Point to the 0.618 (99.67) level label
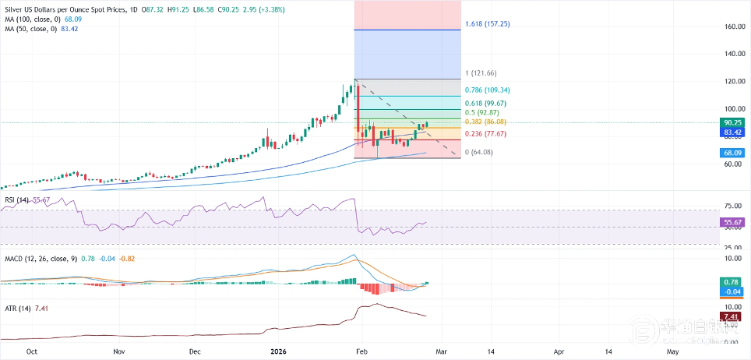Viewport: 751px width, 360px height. (488, 103)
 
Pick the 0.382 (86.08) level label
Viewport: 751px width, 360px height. (488, 122)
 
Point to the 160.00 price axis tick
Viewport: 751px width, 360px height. (732, 26)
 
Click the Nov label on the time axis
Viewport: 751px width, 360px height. (118, 351)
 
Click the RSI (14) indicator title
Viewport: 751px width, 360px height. (18, 200)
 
